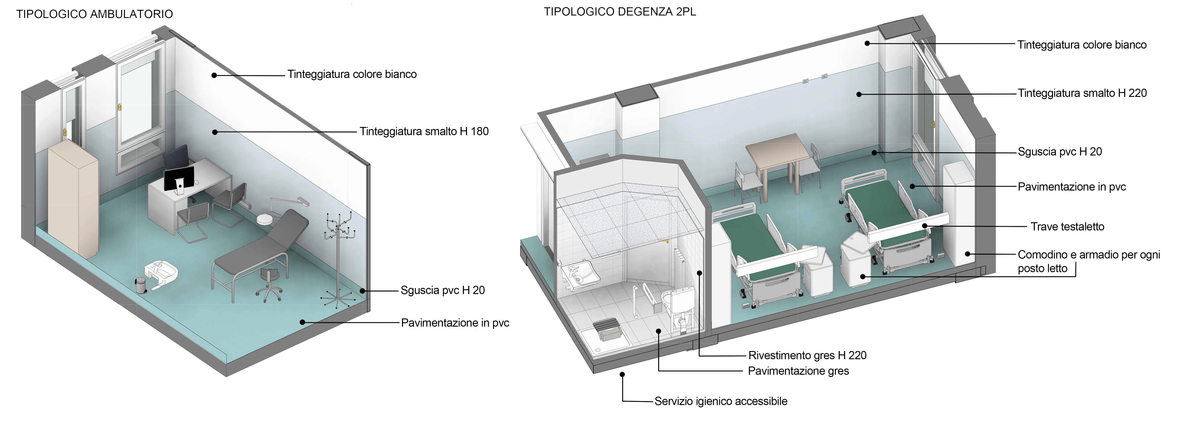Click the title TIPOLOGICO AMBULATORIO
[x=94, y=14]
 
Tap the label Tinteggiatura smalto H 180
[x=424, y=132]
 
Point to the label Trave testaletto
[x=1067, y=227]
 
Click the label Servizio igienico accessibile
[x=721, y=401]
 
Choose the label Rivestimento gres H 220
[x=807, y=355]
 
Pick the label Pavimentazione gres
[x=798, y=371]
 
